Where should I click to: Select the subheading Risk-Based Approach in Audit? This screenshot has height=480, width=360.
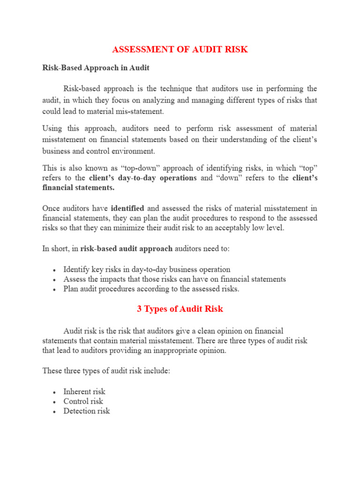tap(96, 68)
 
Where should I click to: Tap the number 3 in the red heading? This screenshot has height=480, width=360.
tap(139, 309)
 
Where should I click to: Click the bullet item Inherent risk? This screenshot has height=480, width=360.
tap(84, 391)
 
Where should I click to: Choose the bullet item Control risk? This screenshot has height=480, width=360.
tap(83, 401)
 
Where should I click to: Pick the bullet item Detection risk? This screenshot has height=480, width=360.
tap(87, 411)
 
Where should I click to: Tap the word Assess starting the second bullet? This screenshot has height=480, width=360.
tap(74, 279)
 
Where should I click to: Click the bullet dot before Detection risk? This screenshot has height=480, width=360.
tap(55, 412)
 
